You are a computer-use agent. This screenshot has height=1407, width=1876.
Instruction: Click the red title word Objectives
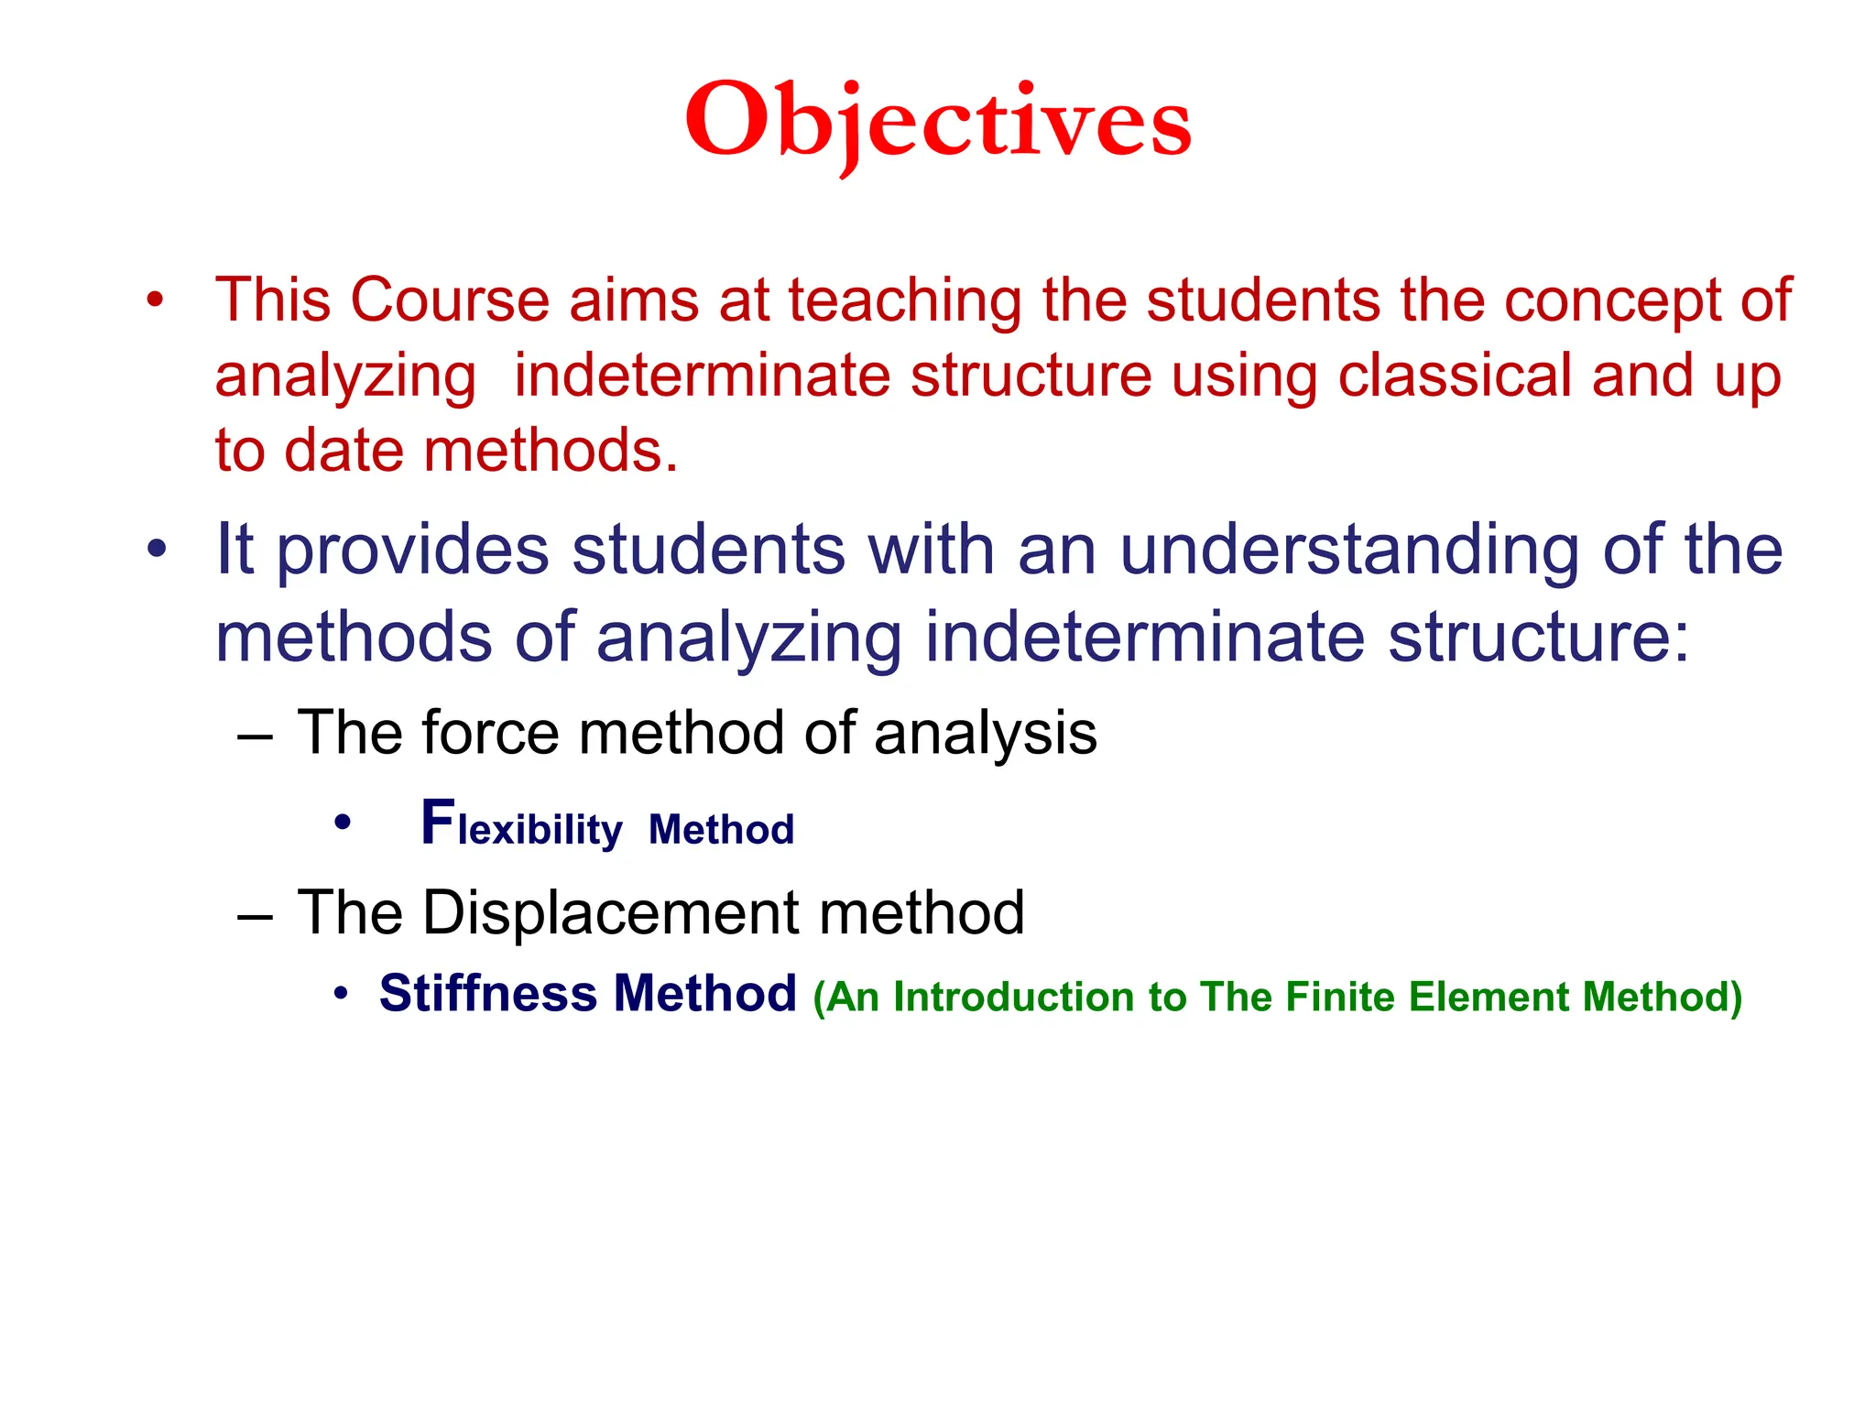coord(938,122)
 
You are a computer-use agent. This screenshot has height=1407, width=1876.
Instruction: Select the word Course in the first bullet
coord(449,300)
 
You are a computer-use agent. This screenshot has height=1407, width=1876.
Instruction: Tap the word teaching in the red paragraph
coord(905,300)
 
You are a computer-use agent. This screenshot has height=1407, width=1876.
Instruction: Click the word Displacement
coord(611,912)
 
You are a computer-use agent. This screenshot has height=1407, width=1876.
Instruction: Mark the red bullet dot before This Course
coord(156,300)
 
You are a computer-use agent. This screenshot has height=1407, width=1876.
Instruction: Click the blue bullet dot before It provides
coord(157,550)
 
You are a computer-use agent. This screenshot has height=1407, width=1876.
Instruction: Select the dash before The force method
coord(255,736)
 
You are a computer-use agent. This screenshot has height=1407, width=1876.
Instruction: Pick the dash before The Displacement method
coord(255,915)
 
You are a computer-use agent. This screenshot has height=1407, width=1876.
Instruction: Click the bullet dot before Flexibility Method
coord(343,823)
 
